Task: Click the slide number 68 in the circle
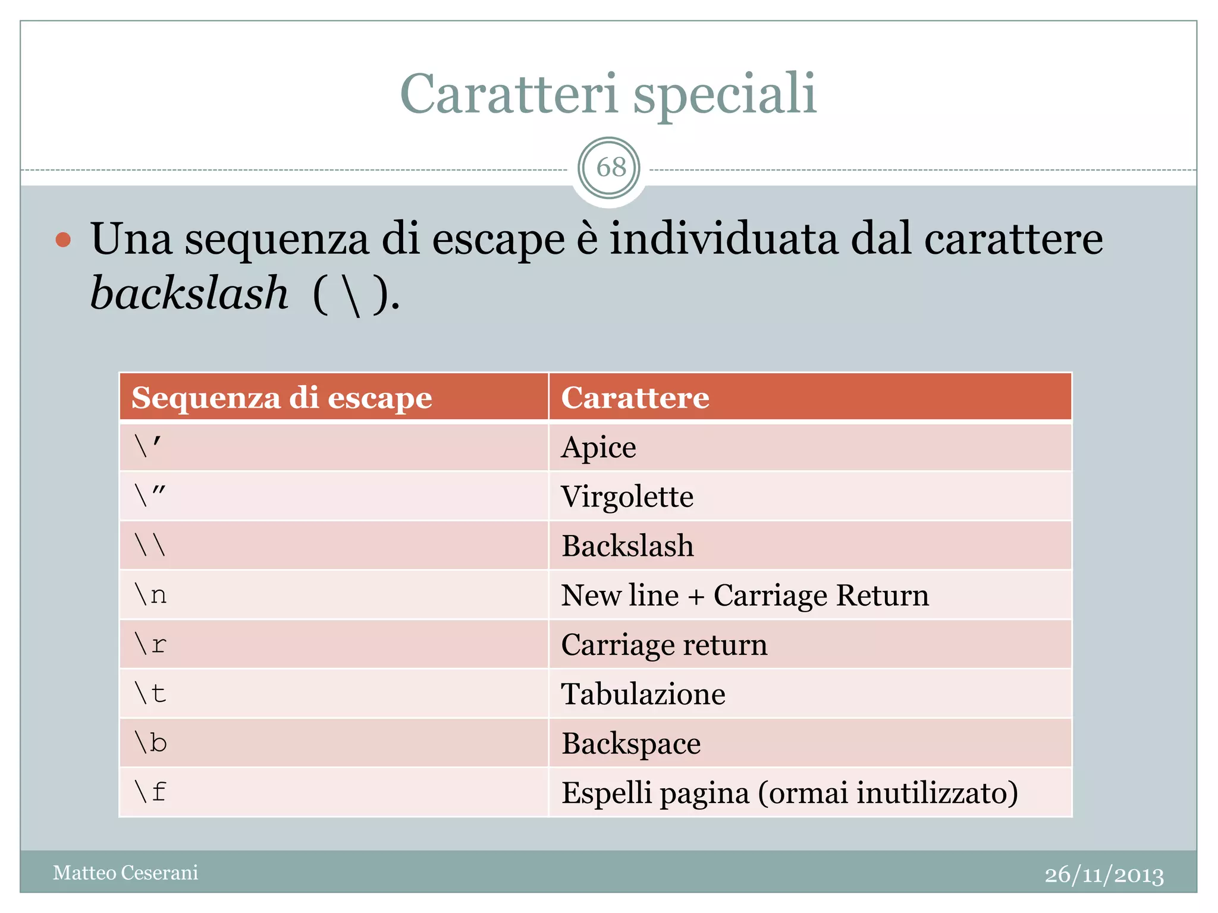tap(610, 168)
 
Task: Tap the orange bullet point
tap(63, 240)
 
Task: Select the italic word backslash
tap(189, 293)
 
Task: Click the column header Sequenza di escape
tap(281, 398)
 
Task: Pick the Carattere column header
tap(635, 398)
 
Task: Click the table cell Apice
tap(598, 447)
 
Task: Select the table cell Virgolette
tap(627, 496)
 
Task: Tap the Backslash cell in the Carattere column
tap(627, 546)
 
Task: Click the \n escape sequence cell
tap(150, 595)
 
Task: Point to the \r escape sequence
tap(150, 644)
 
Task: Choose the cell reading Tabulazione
tap(643, 694)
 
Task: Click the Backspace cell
tap(631, 743)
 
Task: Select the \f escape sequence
tap(150, 792)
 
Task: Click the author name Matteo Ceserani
tap(125, 873)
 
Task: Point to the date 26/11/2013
tap(1104, 874)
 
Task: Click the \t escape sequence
tap(150, 694)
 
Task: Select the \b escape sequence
tap(150, 743)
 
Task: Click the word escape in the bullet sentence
tap(498, 240)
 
